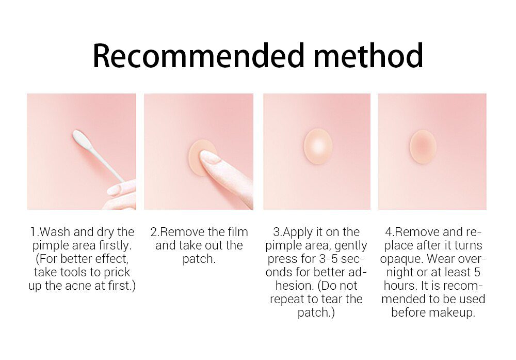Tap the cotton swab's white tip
point(82,138)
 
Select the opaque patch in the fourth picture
point(423,146)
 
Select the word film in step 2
point(236,232)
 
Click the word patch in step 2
point(199,259)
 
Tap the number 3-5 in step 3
point(327,259)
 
